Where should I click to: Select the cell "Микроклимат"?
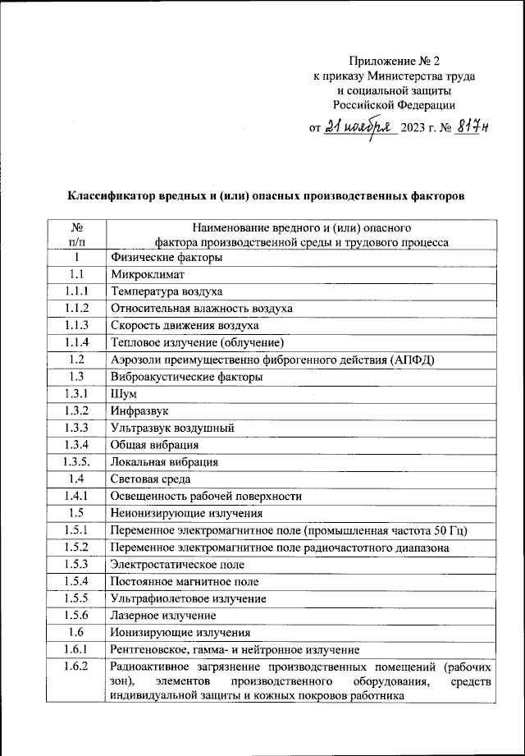[148, 274]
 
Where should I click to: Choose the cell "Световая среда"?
[150, 479]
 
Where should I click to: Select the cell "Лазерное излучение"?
[162, 615]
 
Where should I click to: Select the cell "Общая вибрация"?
[154, 445]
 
